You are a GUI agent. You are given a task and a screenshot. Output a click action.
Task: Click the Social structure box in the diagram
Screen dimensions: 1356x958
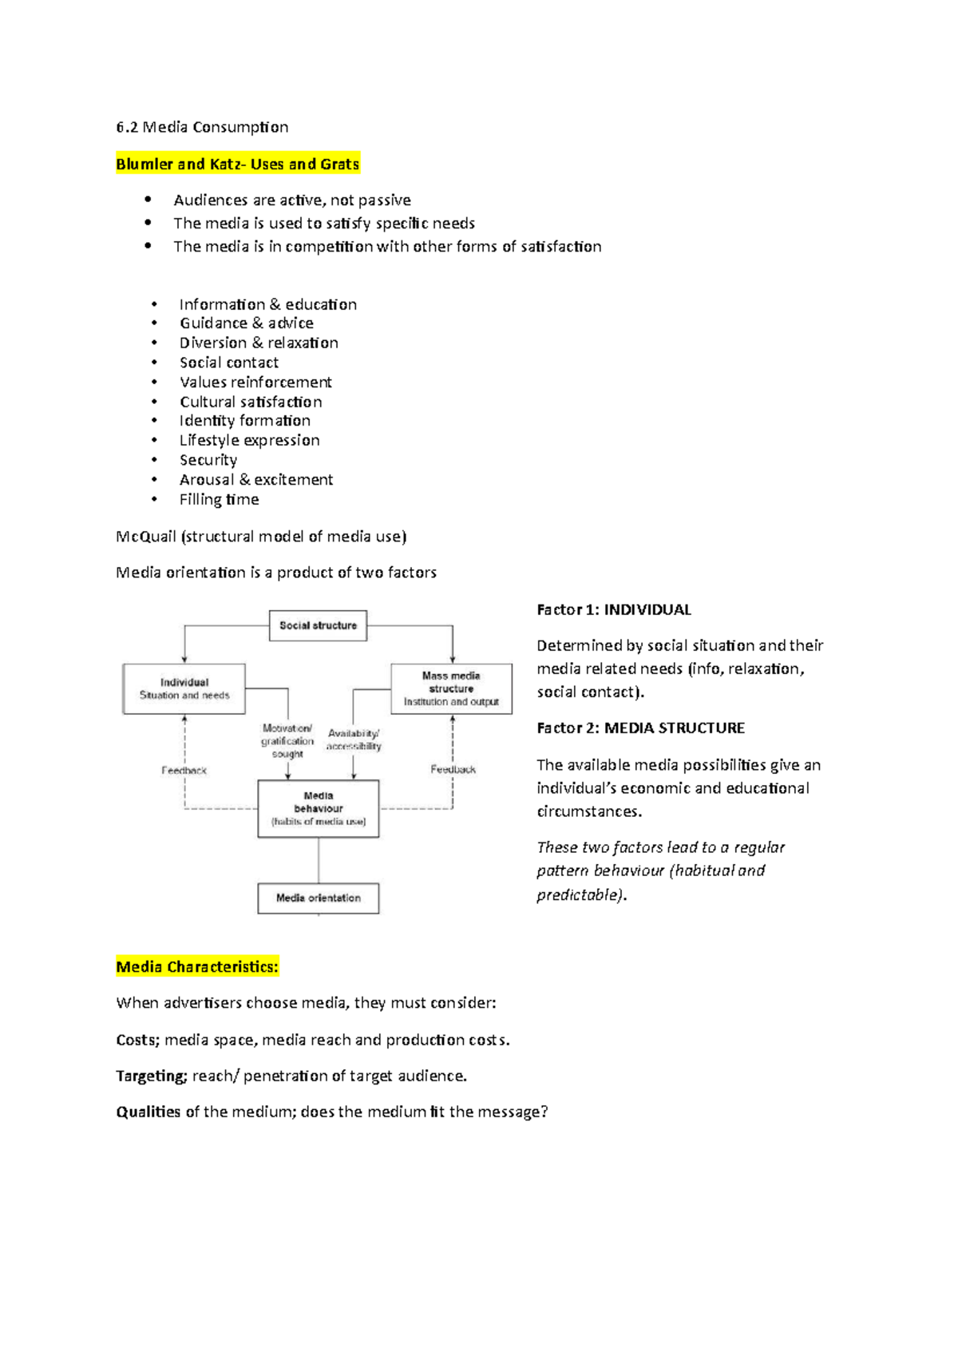tap(318, 625)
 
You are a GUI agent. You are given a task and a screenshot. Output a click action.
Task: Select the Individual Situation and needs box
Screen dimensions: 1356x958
tap(184, 688)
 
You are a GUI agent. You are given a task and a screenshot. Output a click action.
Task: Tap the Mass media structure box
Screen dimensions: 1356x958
tap(451, 688)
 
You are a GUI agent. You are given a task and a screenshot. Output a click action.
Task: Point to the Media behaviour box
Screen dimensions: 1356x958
tap(318, 808)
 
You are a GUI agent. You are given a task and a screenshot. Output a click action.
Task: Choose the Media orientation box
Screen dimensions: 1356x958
tap(318, 898)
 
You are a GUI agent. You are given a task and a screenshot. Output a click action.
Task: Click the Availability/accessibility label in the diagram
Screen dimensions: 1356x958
tap(354, 739)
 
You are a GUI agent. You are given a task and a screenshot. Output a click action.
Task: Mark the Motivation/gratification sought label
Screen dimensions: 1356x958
tap(287, 740)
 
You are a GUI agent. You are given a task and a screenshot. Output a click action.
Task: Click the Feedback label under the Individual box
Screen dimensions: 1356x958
tap(184, 771)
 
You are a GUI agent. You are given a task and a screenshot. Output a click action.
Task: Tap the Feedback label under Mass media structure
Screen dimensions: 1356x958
tap(453, 770)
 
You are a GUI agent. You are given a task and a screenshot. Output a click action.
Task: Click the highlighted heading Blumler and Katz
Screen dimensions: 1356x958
tap(237, 165)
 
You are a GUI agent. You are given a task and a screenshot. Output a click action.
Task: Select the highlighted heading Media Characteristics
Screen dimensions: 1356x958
tap(197, 967)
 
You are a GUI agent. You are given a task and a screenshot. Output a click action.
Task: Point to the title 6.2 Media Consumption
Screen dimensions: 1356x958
tap(202, 127)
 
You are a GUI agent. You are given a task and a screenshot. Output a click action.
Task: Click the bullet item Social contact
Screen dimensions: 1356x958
tap(228, 363)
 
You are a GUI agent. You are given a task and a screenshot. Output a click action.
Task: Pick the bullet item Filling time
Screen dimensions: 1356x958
tap(219, 500)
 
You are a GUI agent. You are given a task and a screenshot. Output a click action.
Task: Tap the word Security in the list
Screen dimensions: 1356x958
tap(208, 460)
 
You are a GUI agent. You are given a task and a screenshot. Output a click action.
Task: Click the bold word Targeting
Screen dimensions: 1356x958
tap(151, 1076)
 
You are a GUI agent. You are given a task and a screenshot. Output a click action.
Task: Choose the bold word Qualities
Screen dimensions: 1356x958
tap(148, 1112)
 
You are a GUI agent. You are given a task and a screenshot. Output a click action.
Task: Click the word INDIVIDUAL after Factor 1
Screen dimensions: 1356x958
tap(647, 610)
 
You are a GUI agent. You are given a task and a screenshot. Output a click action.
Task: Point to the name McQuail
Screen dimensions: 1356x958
tap(145, 537)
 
